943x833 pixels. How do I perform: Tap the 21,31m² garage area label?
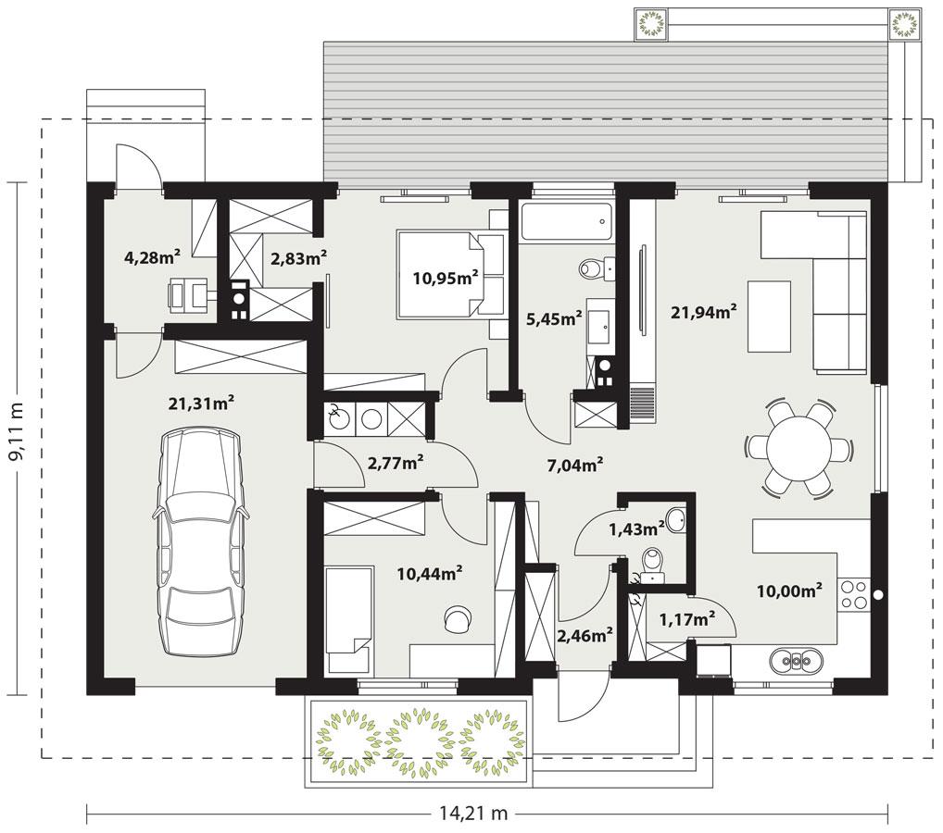point(200,403)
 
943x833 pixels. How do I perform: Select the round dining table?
point(798,447)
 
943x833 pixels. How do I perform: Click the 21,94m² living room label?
point(703,312)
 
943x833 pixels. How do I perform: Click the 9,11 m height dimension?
point(18,437)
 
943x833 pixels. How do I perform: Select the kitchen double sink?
point(796,660)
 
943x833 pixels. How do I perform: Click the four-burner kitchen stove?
point(853,593)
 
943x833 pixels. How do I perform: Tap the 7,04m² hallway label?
point(575,465)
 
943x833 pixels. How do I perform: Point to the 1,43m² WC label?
point(636,528)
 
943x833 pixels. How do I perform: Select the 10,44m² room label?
point(430,574)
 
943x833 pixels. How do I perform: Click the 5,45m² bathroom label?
point(553,318)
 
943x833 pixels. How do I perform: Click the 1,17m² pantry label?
point(686,619)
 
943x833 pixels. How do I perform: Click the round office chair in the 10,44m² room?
point(457,618)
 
